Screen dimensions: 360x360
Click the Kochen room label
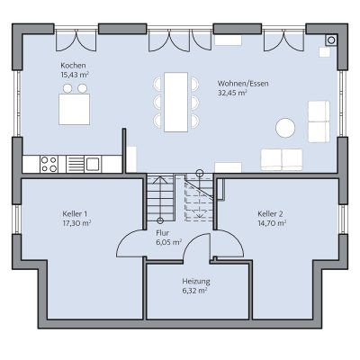pyautogui.click(x=73, y=66)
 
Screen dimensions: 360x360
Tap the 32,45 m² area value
pyautogui.click(x=232, y=93)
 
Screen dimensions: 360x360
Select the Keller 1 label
pyautogui.click(x=75, y=214)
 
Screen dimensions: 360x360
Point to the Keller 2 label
pyautogui.click(x=270, y=214)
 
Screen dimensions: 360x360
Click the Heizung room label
pyautogui.click(x=196, y=282)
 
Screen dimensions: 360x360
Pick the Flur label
pyautogui.click(x=163, y=233)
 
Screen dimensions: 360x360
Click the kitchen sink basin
pyautogui.click(x=93, y=164)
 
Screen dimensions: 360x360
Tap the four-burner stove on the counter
pyautogui.click(x=49, y=164)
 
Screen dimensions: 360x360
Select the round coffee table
pyautogui.click(x=285, y=128)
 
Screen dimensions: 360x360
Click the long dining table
pyautogui.click(x=176, y=102)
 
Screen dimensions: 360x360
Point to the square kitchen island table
pyautogui.click(x=75, y=109)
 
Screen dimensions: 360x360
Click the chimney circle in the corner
pyautogui.click(x=331, y=40)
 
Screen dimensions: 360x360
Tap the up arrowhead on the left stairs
pyautogui.click(x=160, y=179)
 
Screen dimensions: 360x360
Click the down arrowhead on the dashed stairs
pyautogui.click(x=198, y=214)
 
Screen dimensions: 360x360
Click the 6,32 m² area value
pyautogui.click(x=194, y=291)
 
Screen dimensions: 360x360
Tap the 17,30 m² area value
pyautogui.click(x=76, y=223)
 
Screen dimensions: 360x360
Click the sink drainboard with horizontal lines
pyautogui.click(x=75, y=164)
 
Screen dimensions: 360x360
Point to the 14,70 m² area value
pyautogui.click(x=272, y=223)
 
